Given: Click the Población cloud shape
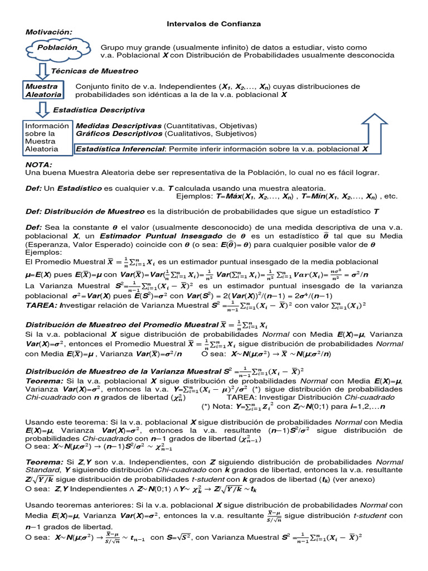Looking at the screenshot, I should click(56, 49).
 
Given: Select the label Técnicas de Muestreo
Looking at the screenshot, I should click(95, 71).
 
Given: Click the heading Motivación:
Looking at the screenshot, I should click(49, 32).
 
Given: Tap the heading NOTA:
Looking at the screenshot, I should click(39, 165).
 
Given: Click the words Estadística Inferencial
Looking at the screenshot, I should click(120, 149).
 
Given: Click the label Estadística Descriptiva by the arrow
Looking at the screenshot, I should click(96, 110).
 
